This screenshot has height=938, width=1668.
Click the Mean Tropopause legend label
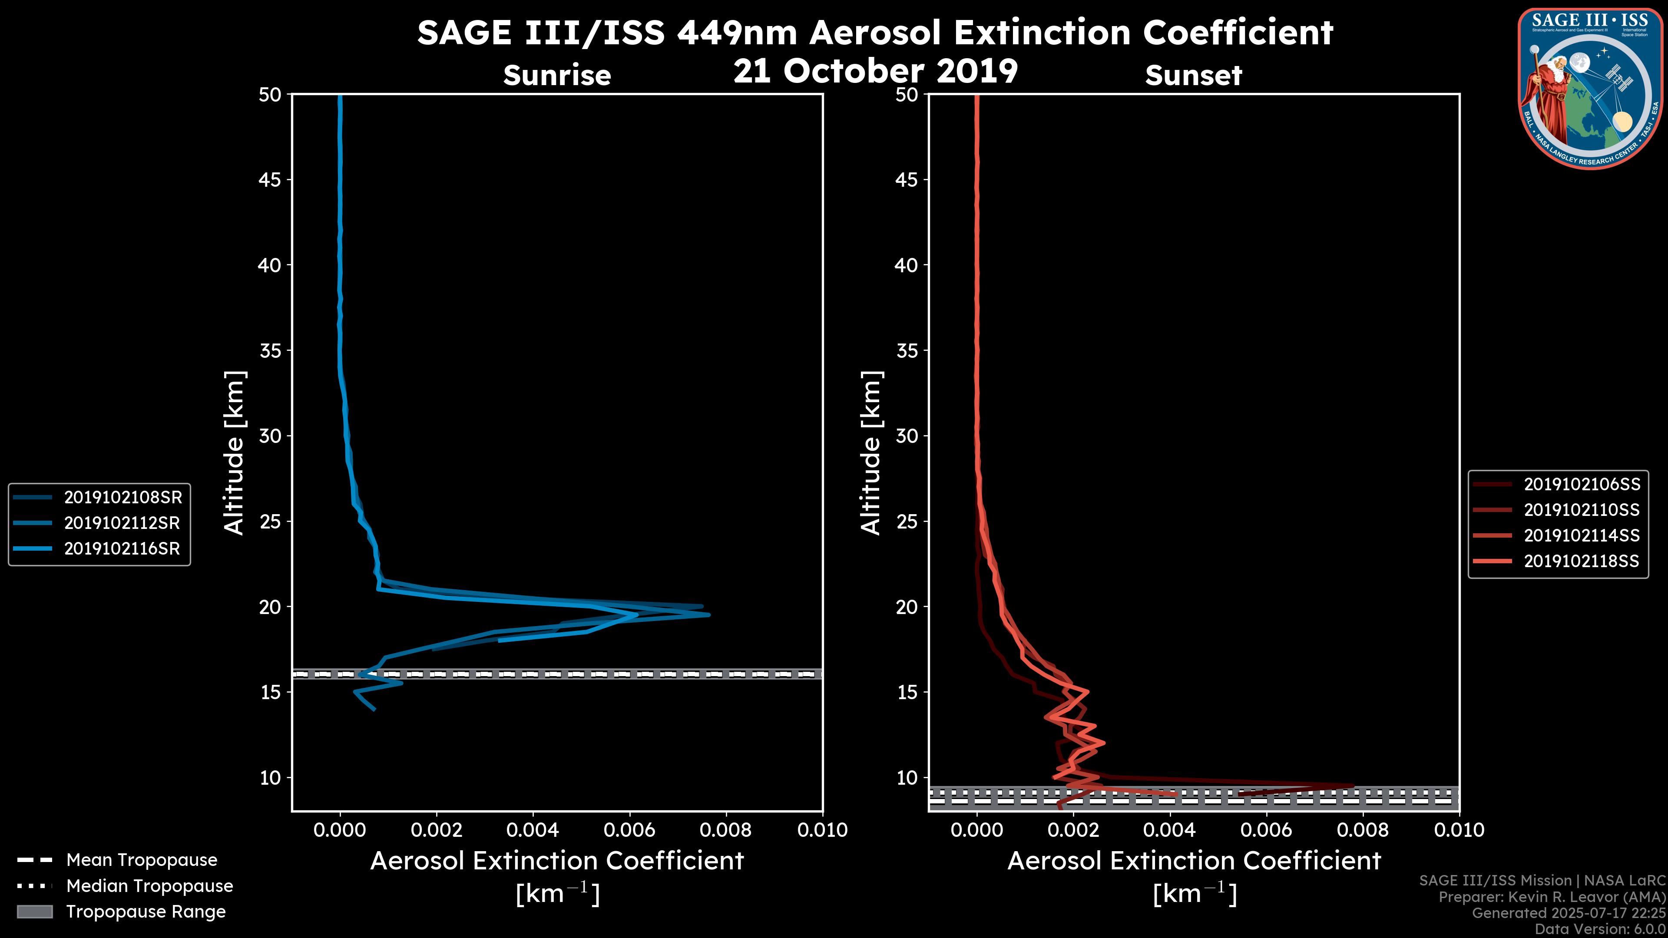click(x=142, y=860)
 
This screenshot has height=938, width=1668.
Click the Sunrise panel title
click(x=557, y=75)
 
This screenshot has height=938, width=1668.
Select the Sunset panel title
click(x=1193, y=75)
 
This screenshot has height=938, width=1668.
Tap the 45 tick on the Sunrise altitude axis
click(x=271, y=179)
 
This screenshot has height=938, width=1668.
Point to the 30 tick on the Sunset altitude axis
click(x=907, y=436)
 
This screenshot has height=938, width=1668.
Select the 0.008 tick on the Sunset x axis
click(x=1363, y=830)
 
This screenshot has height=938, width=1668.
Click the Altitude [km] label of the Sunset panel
click(x=871, y=452)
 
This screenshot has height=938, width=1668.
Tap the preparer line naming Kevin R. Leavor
click(x=1552, y=897)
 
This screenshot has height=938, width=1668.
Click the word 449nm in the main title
click(x=737, y=33)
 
